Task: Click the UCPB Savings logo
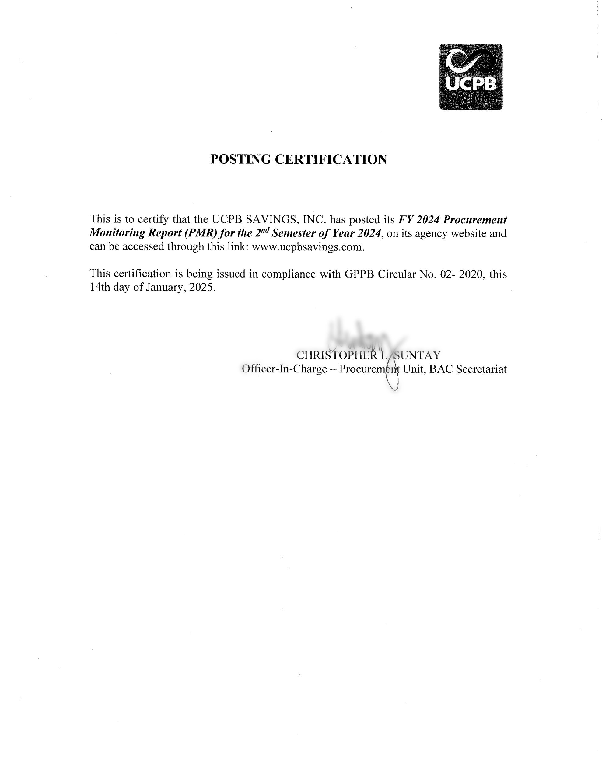[471, 77]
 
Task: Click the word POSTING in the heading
[240, 159]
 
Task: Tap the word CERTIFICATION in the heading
[331, 159]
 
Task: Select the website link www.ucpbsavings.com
[308, 247]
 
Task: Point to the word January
[165, 288]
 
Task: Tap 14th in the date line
[100, 288]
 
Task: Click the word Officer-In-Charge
[284, 369]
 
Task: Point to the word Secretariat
[481, 369]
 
